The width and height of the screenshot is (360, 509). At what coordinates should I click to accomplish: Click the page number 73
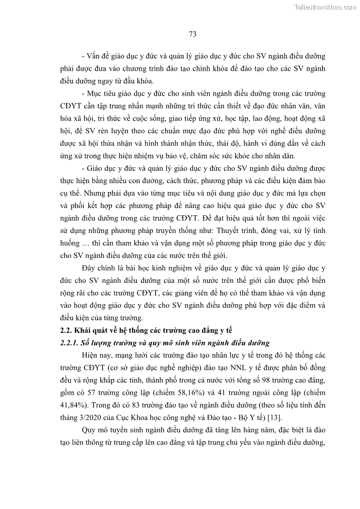click(192, 34)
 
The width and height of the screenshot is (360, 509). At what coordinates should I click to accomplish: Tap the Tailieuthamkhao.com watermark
click(326, 7)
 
